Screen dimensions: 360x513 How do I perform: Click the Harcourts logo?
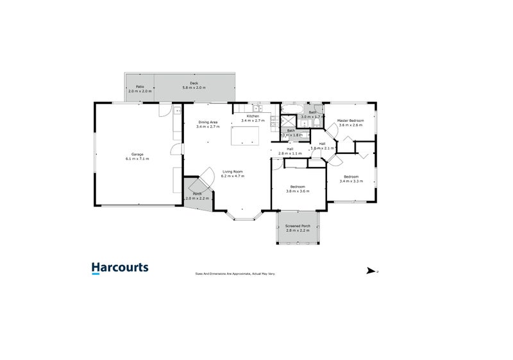pos(120,268)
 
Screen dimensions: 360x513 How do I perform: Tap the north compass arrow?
pos(371,271)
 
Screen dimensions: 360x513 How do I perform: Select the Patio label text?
pos(139,87)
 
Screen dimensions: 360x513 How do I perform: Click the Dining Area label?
pos(208,122)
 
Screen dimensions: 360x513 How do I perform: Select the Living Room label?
pos(232,171)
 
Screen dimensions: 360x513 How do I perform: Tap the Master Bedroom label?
pos(351,121)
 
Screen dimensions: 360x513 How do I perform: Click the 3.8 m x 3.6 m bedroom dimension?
pos(298,191)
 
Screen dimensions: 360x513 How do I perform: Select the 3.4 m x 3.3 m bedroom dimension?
pos(351,181)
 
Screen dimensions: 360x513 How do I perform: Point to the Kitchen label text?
pos(252,116)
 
